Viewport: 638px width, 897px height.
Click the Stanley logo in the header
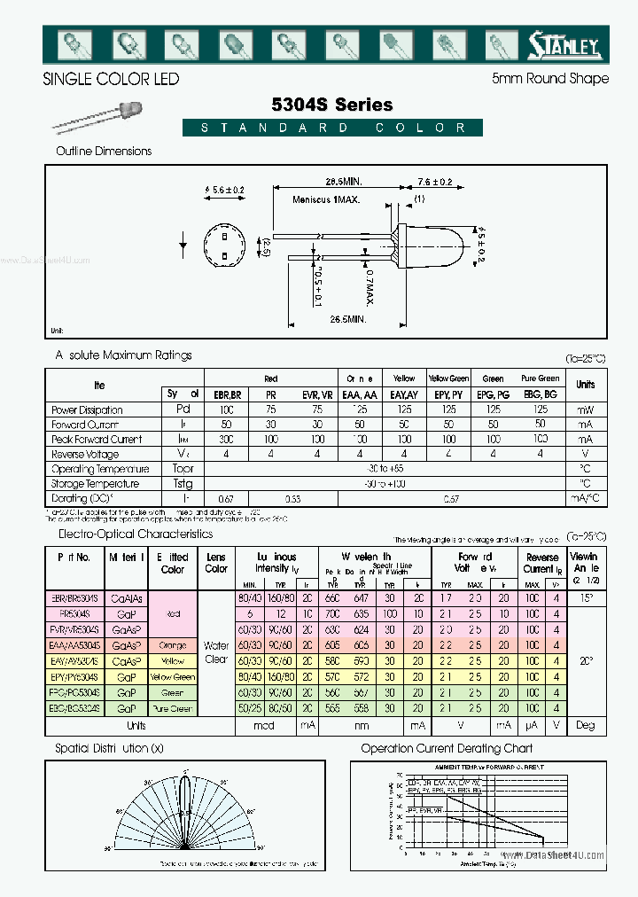[x=564, y=43]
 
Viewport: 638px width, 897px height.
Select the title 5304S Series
[x=333, y=105]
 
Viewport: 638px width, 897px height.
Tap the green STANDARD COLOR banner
[x=332, y=128]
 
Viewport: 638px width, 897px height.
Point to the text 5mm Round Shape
[x=549, y=78]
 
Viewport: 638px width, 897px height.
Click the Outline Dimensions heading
[x=104, y=151]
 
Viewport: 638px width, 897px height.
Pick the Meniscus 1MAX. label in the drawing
[x=326, y=199]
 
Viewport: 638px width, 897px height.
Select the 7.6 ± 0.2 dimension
[x=434, y=182]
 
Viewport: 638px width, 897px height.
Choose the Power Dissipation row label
[x=87, y=410]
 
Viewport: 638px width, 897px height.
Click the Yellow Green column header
[x=448, y=378]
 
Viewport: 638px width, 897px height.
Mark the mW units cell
[x=585, y=410]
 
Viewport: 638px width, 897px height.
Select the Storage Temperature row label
[x=95, y=484]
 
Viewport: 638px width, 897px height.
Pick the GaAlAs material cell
[x=127, y=598]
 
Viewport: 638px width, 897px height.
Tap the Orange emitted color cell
[x=173, y=645]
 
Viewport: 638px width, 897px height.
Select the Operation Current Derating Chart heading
[x=458, y=749]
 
